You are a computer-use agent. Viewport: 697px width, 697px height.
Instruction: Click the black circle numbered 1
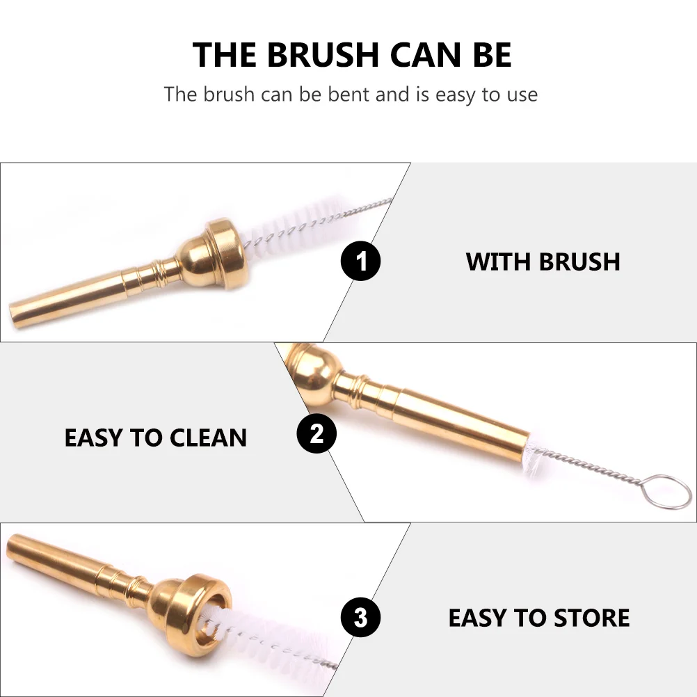click(x=360, y=262)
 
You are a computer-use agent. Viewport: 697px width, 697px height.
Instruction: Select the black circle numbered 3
click(x=360, y=617)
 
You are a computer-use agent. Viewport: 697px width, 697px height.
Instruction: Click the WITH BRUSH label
click(x=543, y=262)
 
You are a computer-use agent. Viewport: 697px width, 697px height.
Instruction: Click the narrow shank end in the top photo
click(x=28, y=312)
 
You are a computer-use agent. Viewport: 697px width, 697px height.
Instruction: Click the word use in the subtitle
click(x=520, y=94)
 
